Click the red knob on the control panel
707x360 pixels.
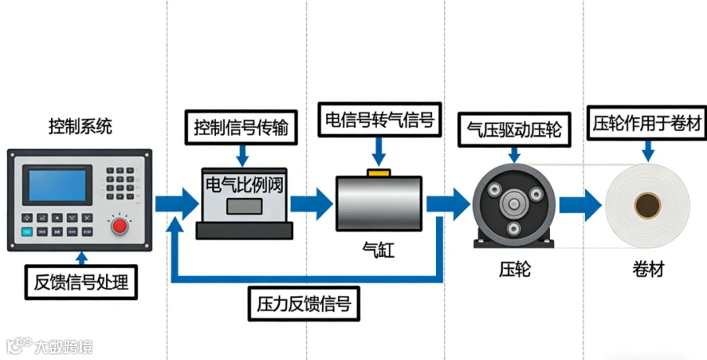[x=120, y=226]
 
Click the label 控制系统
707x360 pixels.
[x=80, y=126]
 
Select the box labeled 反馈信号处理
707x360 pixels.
[x=81, y=281]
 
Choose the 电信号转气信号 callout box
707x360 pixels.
[x=379, y=119]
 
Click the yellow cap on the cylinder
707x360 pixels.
[x=379, y=171]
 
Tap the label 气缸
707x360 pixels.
[x=378, y=252]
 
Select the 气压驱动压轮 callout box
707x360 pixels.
[x=515, y=129]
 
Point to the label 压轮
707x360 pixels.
[x=515, y=270]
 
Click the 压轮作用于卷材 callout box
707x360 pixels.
[x=649, y=123]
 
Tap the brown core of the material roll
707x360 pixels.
[x=648, y=207]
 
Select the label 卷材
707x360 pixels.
[x=648, y=270]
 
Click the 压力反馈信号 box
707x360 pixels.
[x=304, y=303]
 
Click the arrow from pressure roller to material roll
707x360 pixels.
[x=581, y=206]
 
